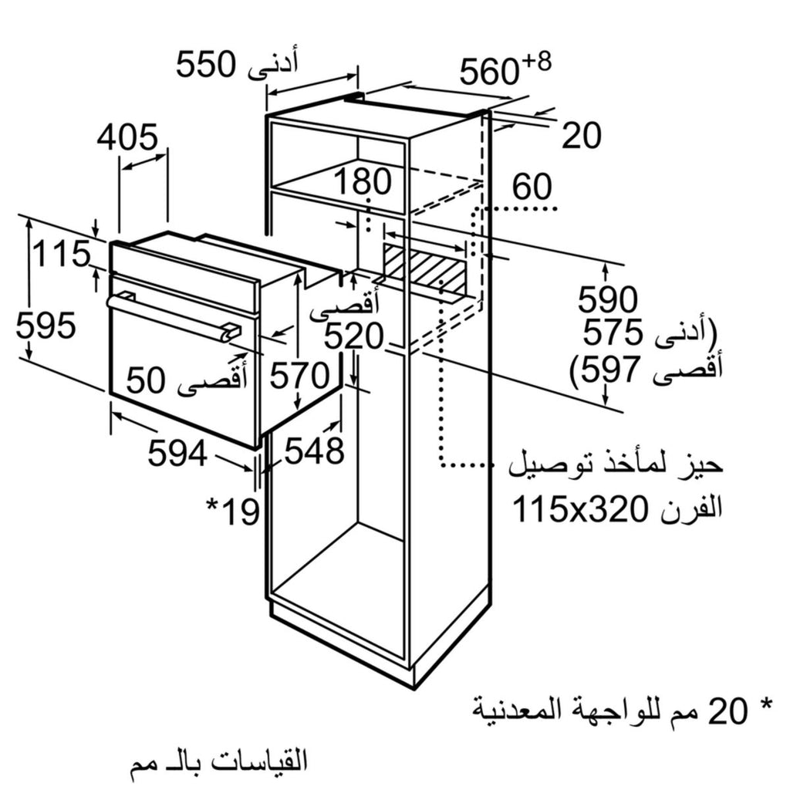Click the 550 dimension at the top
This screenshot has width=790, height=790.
205,65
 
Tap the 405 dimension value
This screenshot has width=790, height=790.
127,137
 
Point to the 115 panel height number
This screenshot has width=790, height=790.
62,254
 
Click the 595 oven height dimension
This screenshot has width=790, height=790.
46,325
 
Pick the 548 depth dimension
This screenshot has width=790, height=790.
315,450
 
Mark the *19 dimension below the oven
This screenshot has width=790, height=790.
233,511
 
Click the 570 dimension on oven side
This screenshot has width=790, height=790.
300,376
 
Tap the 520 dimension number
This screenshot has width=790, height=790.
353,336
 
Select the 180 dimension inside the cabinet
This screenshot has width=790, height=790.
363,181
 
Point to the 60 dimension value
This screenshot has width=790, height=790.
532,187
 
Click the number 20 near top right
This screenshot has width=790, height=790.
582,135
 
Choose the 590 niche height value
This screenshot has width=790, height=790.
608,299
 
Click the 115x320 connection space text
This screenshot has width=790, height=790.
581,509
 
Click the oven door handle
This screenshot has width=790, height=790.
174,316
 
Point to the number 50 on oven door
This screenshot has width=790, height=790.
146,380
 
